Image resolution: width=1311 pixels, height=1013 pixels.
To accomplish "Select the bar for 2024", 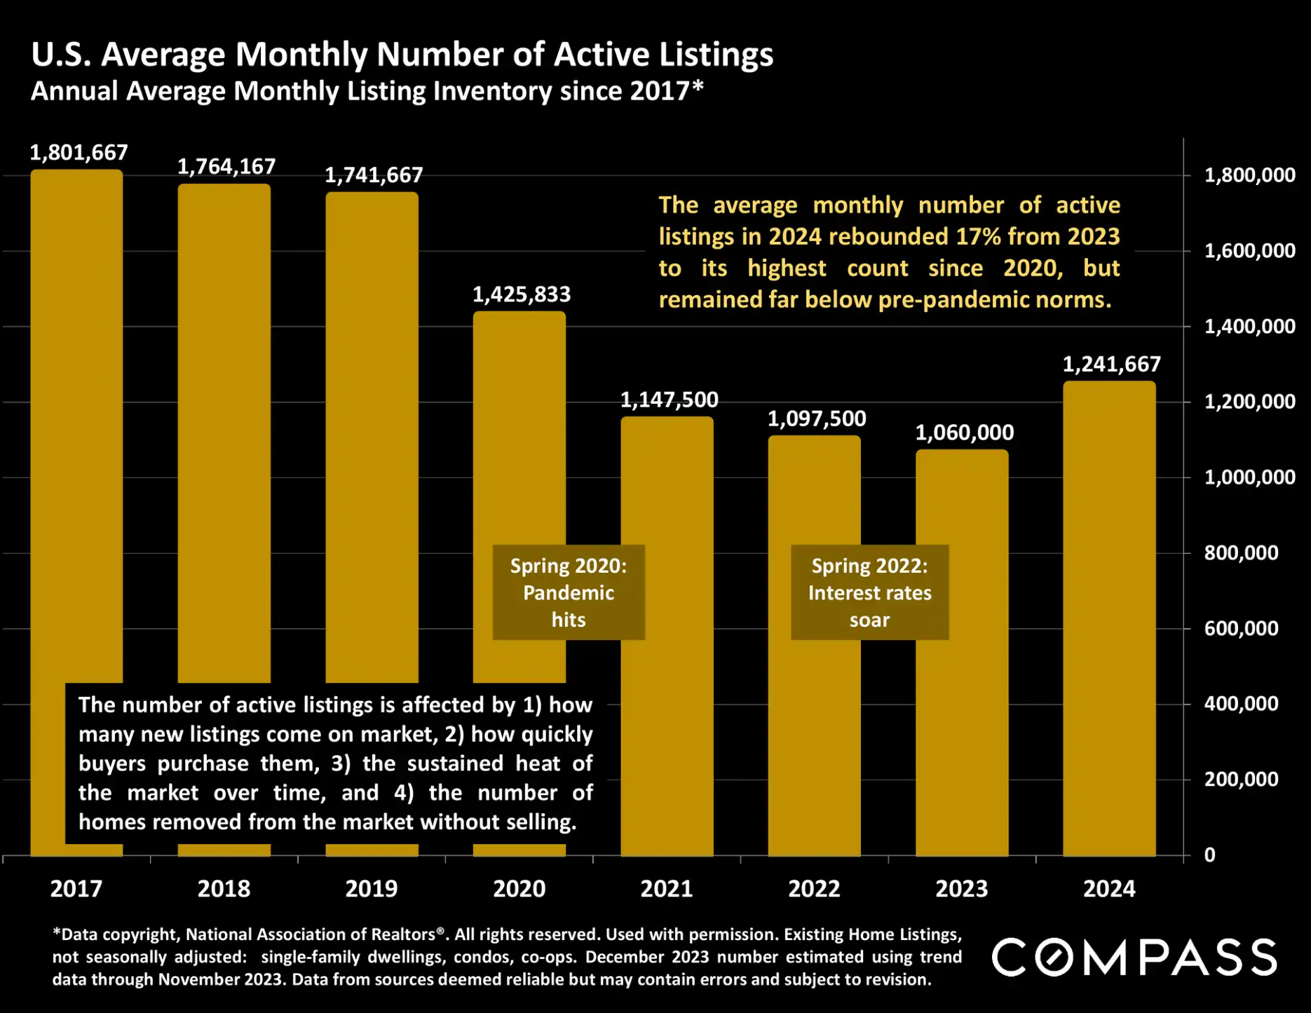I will [x=1109, y=617].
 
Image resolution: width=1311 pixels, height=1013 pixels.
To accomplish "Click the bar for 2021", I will [x=667, y=701].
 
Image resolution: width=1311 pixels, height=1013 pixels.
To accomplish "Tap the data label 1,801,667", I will [x=79, y=153].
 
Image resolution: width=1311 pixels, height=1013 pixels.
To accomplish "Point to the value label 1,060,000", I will [x=964, y=433].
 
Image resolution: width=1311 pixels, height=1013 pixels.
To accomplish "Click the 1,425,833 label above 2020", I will [x=521, y=294].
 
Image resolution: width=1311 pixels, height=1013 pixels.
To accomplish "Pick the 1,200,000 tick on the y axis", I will [x=1249, y=402].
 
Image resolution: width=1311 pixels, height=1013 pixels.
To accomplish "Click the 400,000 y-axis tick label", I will [x=1241, y=704].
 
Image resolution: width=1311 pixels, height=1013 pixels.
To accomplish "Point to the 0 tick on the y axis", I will [x=1209, y=855].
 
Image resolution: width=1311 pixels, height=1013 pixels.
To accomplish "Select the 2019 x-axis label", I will [x=371, y=889].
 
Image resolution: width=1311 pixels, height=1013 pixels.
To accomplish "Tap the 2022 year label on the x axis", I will [x=814, y=889].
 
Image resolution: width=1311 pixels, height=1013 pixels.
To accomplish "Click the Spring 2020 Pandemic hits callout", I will [x=569, y=592].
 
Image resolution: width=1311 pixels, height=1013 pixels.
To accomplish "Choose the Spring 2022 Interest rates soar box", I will [x=869, y=592].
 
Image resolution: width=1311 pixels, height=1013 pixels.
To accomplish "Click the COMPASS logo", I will [x=1134, y=958].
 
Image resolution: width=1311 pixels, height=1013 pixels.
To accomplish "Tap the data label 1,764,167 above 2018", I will [x=226, y=167].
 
